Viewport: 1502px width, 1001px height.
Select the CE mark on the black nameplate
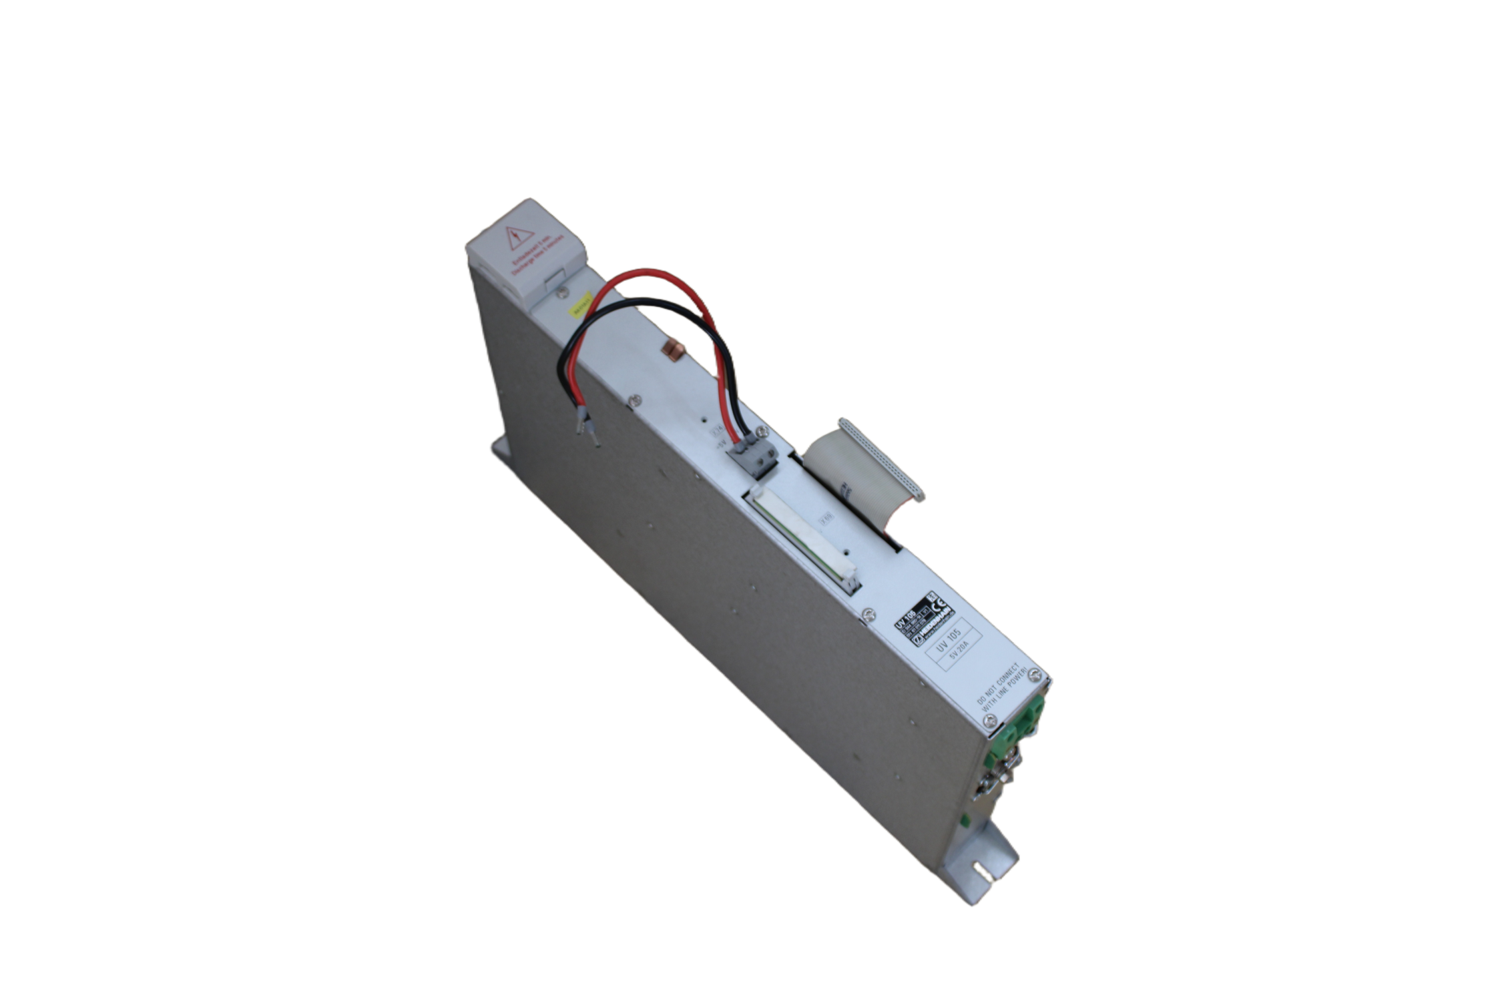click(x=943, y=610)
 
